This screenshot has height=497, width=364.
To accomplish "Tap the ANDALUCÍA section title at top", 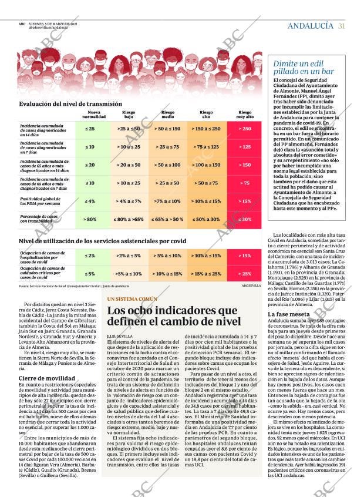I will pyautogui.click(x=311, y=25).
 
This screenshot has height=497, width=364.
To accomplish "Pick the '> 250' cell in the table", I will pyautogui.click(x=245, y=128).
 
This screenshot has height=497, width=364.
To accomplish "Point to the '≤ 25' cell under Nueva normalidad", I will pyautogui.click(x=90, y=128).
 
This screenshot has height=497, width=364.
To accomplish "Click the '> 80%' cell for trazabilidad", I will pyautogui.click(x=90, y=219).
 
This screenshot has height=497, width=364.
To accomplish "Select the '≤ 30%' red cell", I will pyautogui.click(x=245, y=219).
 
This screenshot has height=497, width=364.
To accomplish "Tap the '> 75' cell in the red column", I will pyautogui.click(x=245, y=183).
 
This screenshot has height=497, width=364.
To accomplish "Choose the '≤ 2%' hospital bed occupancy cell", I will pyautogui.click(x=90, y=256).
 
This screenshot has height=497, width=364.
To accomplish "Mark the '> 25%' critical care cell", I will pyautogui.click(x=245, y=274).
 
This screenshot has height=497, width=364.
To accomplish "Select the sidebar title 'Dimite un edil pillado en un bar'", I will pyautogui.click(x=302, y=68).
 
